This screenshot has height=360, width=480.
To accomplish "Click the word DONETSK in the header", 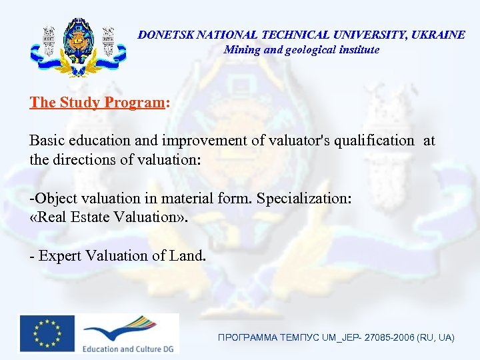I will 162,35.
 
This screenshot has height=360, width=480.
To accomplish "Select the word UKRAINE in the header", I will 438,35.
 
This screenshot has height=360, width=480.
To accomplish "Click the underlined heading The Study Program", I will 97,103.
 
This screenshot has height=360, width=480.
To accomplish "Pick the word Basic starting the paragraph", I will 46,141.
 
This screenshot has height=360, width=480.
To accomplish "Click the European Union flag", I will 47,333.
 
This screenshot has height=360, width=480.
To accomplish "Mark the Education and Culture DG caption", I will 126,348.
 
